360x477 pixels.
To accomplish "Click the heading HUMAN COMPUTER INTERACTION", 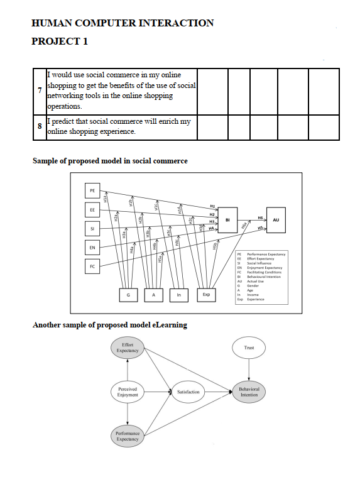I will (123, 23).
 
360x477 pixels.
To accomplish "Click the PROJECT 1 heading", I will (60, 41).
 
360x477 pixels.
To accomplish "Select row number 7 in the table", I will (40, 90).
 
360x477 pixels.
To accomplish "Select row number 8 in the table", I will (40, 126).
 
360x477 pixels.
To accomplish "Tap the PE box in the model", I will (92, 189).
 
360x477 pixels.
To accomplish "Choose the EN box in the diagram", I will (92, 248).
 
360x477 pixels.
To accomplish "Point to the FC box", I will (92, 266).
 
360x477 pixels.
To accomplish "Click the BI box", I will (227, 220).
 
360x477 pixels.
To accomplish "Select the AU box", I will (276, 220).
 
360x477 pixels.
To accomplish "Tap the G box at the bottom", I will (128, 294).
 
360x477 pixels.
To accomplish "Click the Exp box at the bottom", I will (205, 294).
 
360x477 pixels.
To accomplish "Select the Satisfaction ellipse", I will (188, 392).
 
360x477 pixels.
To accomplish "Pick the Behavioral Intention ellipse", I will (249, 392).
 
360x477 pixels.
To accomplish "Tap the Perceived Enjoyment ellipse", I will (128, 392).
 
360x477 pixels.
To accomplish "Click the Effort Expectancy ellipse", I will (128, 348).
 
